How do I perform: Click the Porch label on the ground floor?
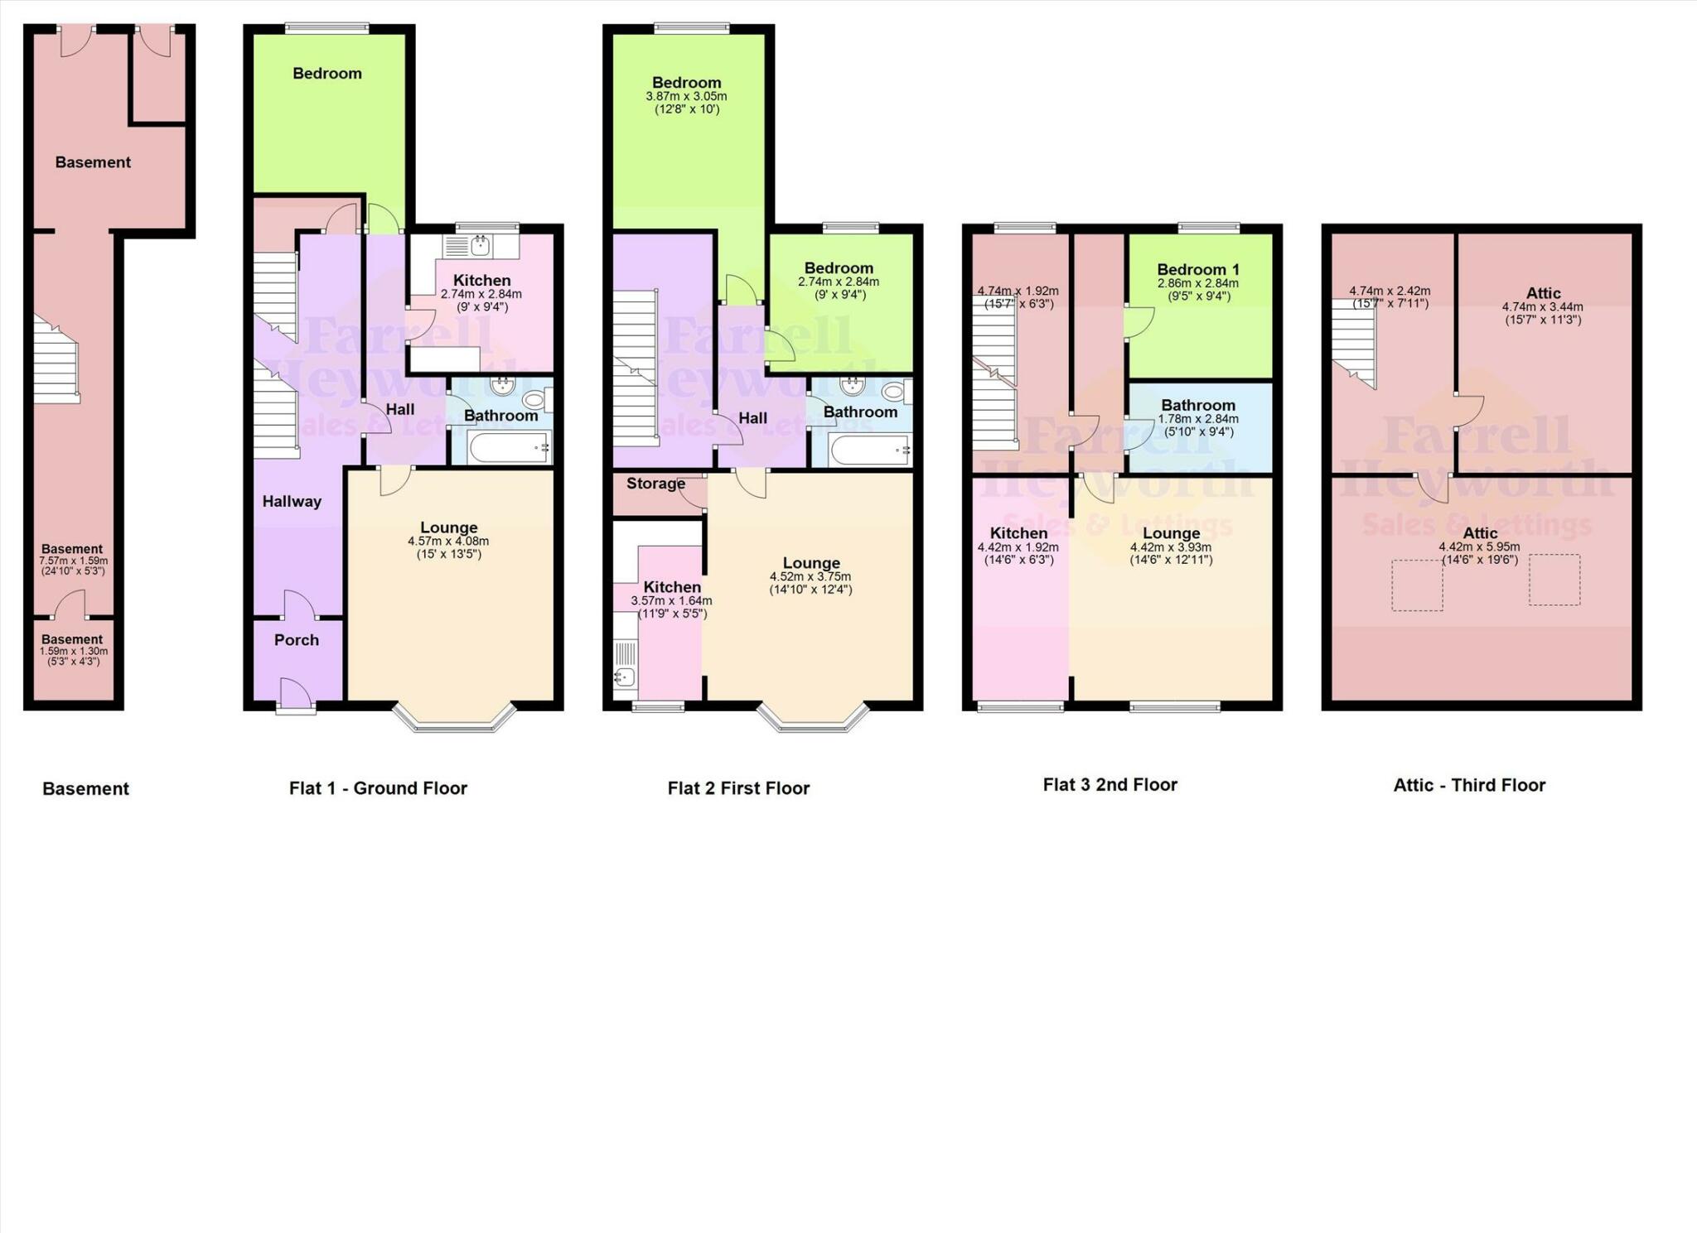pyautogui.click(x=296, y=640)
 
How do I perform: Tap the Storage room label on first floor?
pyautogui.click(x=655, y=484)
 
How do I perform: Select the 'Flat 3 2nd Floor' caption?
pyautogui.click(x=1110, y=784)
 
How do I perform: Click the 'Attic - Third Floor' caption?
pyautogui.click(x=1469, y=785)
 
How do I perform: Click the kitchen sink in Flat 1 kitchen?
pyautogui.click(x=480, y=245)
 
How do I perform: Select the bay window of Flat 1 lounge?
pyautogui.click(x=453, y=718)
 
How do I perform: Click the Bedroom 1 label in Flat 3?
pyautogui.click(x=1198, y=269)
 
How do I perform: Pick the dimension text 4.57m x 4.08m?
pyautogui.click(x=448, y=542)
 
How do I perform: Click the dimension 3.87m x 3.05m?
pyautogui.click(x=686, y=96)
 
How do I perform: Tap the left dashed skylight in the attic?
pyautogui.click(x=1417, y=585)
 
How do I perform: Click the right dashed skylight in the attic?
pyautogui.click(x=1554, y=580)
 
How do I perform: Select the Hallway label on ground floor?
pyautogui.click(x=292, y=501)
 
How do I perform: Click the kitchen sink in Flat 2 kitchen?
pyautogui.click(x=626, y=677)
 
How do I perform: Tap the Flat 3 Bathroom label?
pyautogui.click(x=1198, y=405)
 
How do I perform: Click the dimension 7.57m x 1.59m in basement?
pyautogui.click(x=74, y=561)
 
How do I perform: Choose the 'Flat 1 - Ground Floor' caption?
pyautogui.click(x=378, y=788)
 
